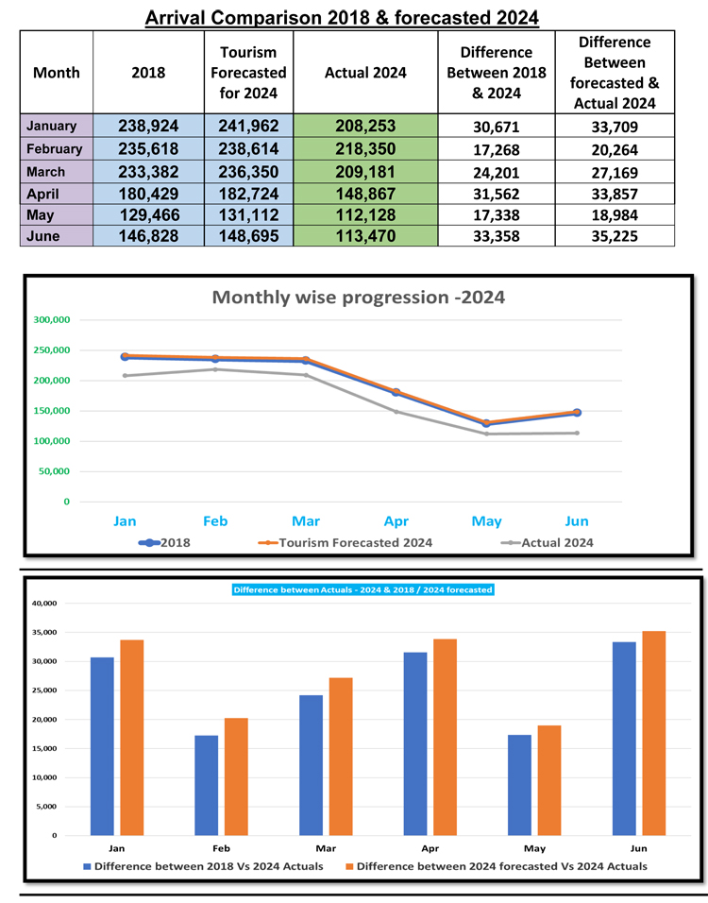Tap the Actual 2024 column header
point(365,73)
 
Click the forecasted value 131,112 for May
point(248,214)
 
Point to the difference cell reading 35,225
point(614,236)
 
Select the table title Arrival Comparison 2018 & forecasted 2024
point(341,17)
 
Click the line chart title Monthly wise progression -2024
point(358,297)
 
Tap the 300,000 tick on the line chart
point(53,320)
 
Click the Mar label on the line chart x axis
point(306,520)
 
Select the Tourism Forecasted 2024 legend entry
point(351,542)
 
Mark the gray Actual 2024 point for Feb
point(215,369)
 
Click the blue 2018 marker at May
point(487,423)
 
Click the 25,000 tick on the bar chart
point(43,690)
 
